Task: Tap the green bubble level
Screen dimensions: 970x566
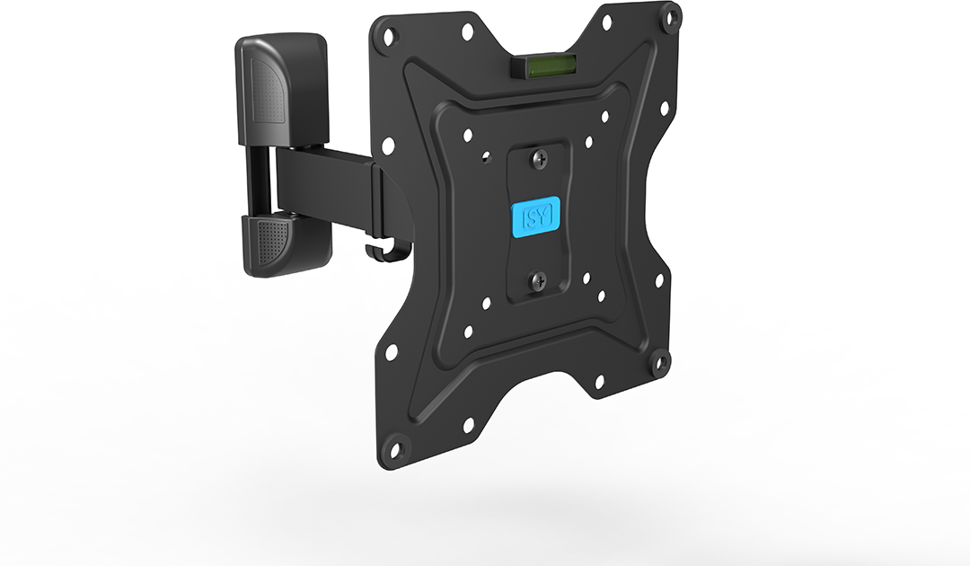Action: click(543, 66)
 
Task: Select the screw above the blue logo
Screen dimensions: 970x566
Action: click(540, 160)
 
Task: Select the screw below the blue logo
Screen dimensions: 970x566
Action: click(539, 282)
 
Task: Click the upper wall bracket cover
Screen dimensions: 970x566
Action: click(280, 88)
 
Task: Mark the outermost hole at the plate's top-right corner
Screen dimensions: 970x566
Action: click(669, 17)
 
